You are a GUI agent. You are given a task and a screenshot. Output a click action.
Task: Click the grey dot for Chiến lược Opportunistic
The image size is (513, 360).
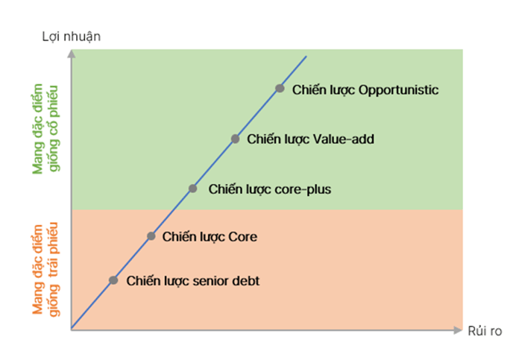point(280,88)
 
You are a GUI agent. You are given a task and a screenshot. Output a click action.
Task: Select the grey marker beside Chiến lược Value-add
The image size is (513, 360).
point(235,139)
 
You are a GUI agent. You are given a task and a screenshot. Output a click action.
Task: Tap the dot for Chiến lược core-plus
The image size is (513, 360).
point(192,189)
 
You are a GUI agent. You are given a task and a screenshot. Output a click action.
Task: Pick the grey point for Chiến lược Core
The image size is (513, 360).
point(151,236)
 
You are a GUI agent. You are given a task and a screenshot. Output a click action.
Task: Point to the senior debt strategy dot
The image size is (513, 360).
point(113,280)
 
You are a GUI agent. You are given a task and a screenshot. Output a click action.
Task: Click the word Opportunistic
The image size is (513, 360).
point(398,90)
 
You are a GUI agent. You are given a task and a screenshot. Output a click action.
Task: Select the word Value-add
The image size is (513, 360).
point(344,139)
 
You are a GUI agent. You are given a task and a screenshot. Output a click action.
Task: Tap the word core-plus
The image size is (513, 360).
point(303,189)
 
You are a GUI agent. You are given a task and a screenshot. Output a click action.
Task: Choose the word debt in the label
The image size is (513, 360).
point(246,281)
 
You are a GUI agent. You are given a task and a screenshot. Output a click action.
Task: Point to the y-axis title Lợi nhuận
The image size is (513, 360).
point(72,37)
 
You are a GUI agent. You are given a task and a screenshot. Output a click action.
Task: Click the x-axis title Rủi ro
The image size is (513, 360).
point(485,331)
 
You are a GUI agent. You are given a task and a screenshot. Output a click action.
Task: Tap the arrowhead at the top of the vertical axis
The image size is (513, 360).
point(72,53)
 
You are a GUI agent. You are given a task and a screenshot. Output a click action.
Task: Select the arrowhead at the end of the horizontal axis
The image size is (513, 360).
point(458,330)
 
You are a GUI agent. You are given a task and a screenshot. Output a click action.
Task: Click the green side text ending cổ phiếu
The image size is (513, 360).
point(45,128)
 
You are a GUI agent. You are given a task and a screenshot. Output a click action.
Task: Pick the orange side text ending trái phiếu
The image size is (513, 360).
point(45,269)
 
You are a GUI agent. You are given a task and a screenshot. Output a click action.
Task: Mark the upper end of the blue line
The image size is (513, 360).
point(306,56)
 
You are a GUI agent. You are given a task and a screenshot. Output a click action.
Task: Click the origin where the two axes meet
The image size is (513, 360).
point(72,329)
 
